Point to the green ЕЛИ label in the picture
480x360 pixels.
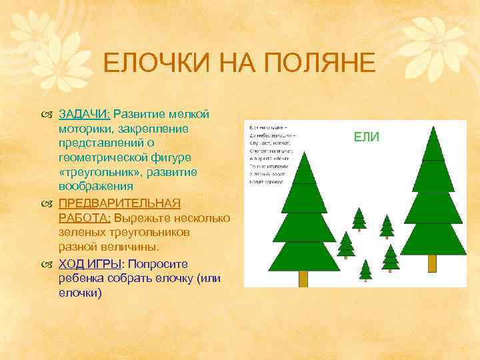click(x=366, y=137)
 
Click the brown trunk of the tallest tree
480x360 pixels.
click(x=431, y=264)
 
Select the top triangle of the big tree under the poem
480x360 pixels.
click(x=304, y=170)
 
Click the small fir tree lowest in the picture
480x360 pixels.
click(x=365, y=270)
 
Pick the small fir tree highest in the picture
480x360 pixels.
click(x=359, y=219)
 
